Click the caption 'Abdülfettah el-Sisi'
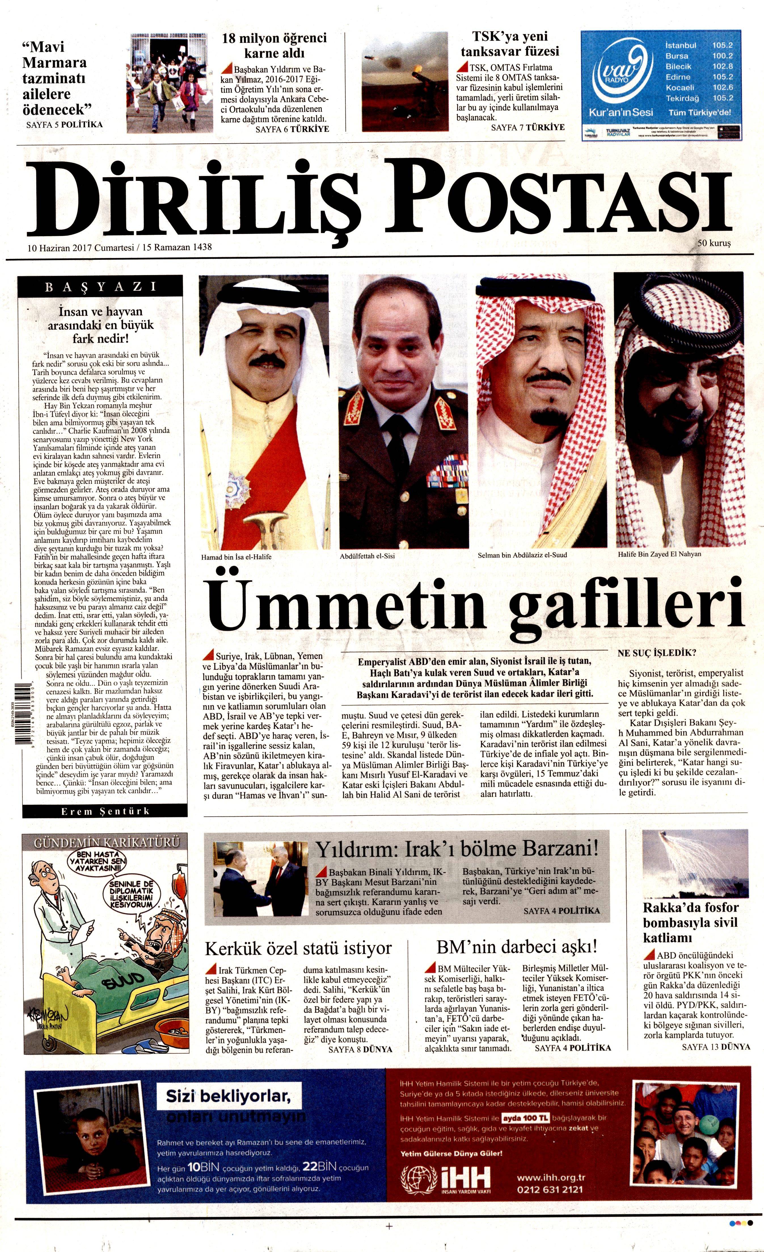pyautogui.click(x=367, y=556)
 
